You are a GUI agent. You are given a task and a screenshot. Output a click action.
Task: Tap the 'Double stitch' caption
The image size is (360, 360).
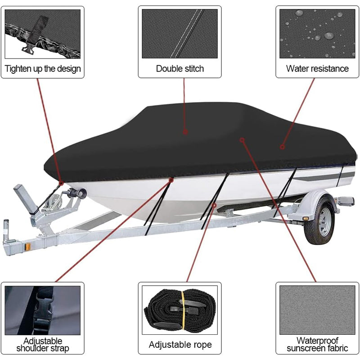180,69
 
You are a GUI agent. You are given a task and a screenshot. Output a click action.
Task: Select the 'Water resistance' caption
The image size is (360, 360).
317,69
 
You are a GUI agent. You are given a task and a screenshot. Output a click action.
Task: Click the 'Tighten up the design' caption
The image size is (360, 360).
43,69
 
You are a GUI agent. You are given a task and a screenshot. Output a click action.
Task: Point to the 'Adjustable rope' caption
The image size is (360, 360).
180,345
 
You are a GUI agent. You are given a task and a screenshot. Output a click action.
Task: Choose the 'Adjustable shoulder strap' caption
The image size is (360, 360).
43,345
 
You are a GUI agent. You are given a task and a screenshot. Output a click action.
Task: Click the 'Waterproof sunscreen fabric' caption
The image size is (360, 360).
317,345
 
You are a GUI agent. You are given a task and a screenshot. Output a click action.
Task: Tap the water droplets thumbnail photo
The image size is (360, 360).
317,34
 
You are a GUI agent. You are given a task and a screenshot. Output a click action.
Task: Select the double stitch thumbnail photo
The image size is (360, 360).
180,34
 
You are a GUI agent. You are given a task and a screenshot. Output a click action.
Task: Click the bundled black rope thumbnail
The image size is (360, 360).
180,310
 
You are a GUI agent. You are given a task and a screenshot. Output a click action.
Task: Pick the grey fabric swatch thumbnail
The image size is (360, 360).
317,310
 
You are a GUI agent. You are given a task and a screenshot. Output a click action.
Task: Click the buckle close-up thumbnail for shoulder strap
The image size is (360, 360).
43,310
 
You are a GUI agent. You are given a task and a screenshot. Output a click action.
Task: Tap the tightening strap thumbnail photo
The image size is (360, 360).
43,34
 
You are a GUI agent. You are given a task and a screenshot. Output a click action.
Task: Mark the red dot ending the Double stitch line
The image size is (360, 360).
185,132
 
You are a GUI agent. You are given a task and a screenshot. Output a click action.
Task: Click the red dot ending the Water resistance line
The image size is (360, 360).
282,146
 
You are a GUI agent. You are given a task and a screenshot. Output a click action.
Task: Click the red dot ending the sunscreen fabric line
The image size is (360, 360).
242,139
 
